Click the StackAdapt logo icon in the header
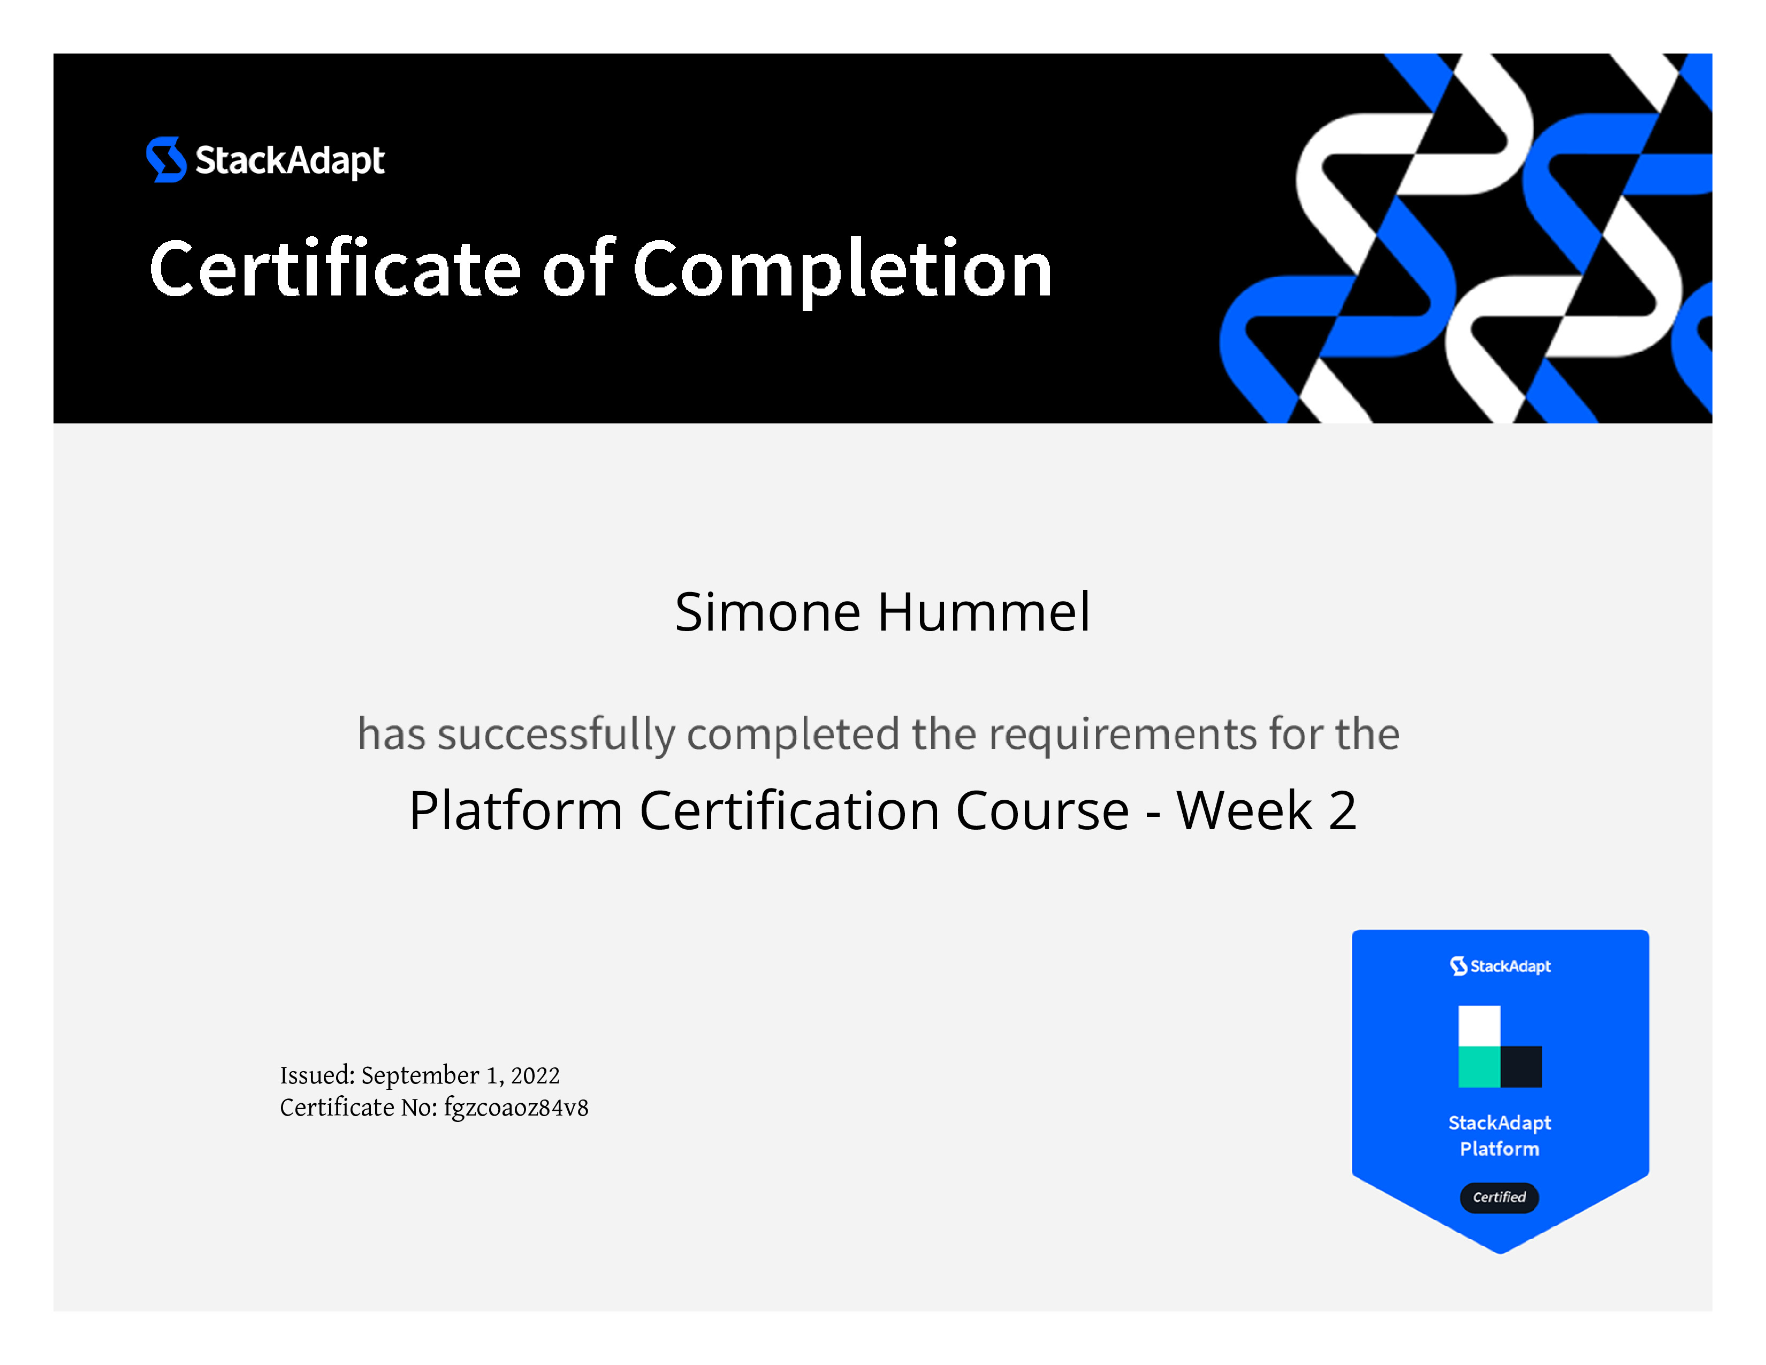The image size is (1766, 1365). pyautogui.click(x=166, y=160)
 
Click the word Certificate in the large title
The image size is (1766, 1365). pyautogui.click(x=336, y=269)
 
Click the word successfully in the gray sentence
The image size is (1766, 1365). pyautogui.click(x=557, y=735)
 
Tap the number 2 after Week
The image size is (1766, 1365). pyautogui.click(x=1342, y=810)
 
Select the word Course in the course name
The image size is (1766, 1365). pyautogui.click(x=1042, y=810)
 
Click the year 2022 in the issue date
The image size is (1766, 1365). pyautogui.click(x=535, y=1075)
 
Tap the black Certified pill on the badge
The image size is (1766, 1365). pyautogui.click(x=1499, y=1197)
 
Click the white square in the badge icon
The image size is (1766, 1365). pyautogui.click(x=1479, y=1026)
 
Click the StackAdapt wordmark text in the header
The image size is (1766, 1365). pyautogui.click(x=290, y=160)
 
